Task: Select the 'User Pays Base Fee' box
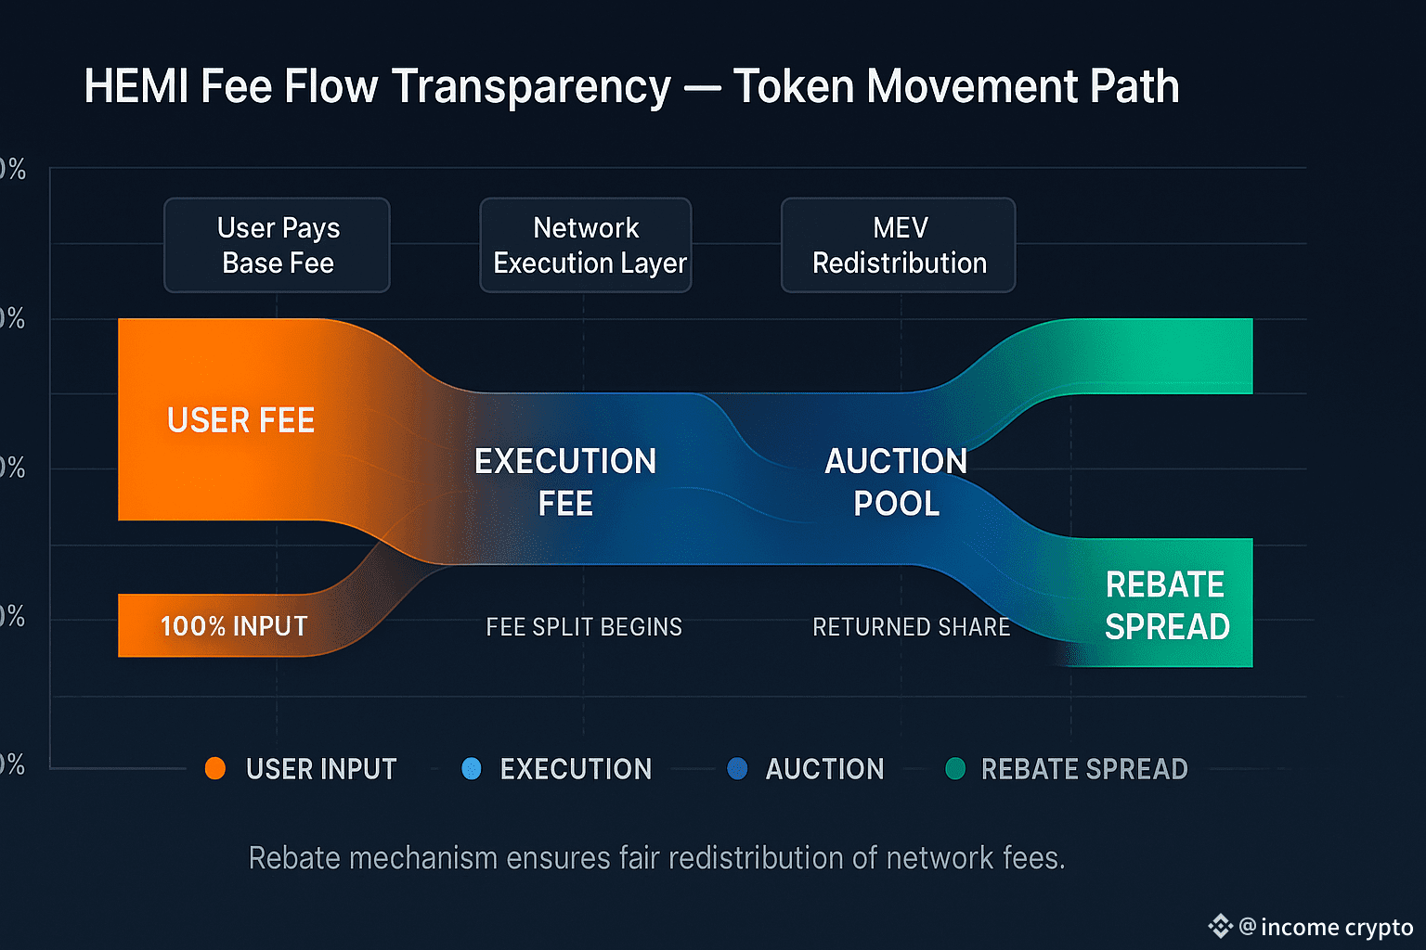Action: pos(278,246)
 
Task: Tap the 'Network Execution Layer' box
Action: pos(586,246)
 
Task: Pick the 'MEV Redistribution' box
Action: pos(899,246)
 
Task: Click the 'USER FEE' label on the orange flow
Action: pos(240,420)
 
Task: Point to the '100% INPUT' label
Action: pos(234,626)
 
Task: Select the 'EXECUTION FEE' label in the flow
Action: pos(565,481)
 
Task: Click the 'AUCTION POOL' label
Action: pos(896,481)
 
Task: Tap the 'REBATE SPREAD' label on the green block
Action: pos(1166,606)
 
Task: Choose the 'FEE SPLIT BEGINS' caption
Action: pos(584,627)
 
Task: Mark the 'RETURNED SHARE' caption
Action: pos(911,627)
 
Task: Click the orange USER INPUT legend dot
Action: pos(215,768)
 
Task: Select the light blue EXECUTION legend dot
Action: pos(472,768)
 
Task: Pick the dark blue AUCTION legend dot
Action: pos(737,768)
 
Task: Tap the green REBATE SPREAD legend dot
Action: pos(955,768)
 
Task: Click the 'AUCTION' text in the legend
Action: pos(824,769)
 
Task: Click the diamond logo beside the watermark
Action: pos(1220,926)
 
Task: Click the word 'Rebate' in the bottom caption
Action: pos(294,858)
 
